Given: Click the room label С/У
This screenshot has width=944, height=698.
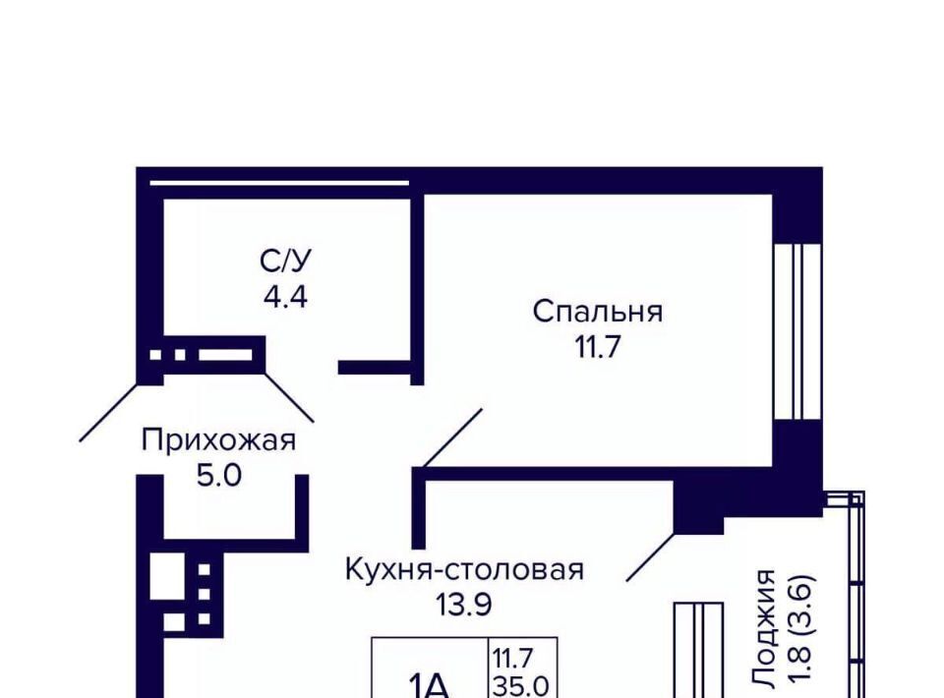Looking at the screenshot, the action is (286, 262).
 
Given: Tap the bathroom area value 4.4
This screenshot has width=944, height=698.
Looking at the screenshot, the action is (286, 297).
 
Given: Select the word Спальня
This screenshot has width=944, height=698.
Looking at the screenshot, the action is (598, 312).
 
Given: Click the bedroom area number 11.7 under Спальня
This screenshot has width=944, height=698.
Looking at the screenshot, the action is (598, 347).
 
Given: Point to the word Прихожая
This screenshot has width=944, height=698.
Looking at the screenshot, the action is (219, 439).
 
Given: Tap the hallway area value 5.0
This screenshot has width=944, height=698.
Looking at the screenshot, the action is (219, 476).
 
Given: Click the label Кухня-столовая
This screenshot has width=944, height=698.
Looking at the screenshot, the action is (464, 569).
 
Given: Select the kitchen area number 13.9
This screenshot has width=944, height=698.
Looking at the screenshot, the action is (464, 605).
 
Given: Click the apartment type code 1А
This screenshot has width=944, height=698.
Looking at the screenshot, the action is (429, 685).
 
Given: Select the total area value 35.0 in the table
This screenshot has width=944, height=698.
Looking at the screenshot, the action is (521, 686).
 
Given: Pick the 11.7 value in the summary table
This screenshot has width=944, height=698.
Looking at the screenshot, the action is (513, 659).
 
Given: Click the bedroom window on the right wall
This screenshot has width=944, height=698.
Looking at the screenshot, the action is (797, 331).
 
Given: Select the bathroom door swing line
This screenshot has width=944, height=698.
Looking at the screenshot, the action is (289, 397).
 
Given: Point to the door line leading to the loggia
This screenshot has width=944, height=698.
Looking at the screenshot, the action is (651, 557).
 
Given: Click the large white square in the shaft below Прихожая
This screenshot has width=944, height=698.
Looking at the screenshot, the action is (167, 576).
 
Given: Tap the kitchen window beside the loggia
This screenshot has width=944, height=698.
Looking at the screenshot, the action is (698, 650).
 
